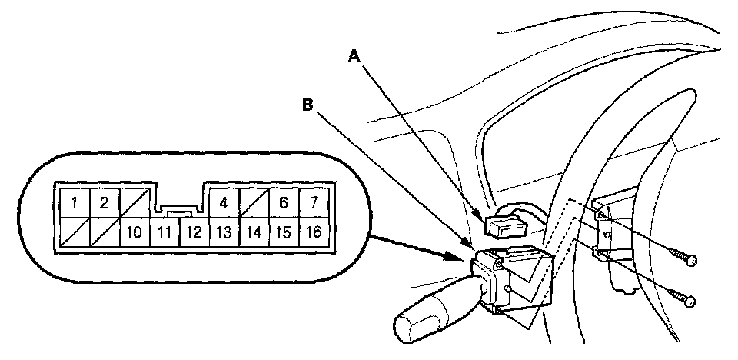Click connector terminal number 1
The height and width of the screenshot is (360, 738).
pos(74,204)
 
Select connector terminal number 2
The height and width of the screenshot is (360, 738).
pos(104,204)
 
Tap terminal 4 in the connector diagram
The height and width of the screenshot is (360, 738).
pos(224,204)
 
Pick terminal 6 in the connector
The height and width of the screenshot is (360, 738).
pos(283,204)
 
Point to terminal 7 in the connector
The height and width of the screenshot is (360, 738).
pos(313,204)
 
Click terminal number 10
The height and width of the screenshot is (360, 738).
pos(134,231)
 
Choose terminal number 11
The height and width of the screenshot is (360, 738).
pos(163,231)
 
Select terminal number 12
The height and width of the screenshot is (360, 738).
pos(194,231)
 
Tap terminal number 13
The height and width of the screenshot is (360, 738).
pos(224,231)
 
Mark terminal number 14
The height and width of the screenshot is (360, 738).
pos(254,231)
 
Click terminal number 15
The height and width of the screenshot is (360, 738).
pos(283,231)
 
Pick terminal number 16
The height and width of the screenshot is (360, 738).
pos(313,231)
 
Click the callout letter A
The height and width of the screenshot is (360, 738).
pos(354,55)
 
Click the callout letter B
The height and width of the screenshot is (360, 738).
pos(307,107)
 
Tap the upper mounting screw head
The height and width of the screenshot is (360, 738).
pos(690,262)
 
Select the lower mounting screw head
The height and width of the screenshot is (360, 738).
pos(690,301)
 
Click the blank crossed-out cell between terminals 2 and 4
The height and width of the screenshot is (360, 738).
pos(134,204)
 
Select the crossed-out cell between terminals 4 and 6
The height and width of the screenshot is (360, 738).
pos(254,204)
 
